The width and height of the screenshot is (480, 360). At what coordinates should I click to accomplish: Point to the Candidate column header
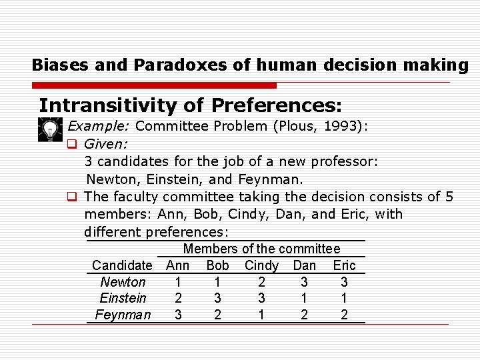click(x=122, y=265)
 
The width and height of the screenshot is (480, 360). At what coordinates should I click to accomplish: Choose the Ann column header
click(x=177, y=265)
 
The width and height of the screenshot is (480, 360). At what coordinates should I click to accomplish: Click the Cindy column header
click(x=261, y=265)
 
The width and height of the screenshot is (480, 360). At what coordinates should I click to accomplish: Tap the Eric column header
click(x=344, y=265)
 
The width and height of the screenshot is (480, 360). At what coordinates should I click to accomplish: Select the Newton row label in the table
click(x=123, y=282)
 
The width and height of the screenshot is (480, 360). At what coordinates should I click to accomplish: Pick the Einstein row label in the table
click(x=123, y=298)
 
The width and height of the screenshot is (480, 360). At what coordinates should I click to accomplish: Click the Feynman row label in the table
click(x=123, y=315)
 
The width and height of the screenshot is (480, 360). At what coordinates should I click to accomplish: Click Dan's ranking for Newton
click(x=304, y=282)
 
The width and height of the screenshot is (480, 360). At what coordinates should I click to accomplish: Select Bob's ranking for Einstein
click(x=217, y=298)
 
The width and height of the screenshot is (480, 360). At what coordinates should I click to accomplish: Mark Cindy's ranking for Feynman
click(x=261, y=315)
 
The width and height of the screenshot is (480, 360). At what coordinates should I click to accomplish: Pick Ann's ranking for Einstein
click(x=177, y=298)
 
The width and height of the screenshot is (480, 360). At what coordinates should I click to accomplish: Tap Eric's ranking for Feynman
click(x=344, y=315)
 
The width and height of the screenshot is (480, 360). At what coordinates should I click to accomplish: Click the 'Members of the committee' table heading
click(x=261, y=249)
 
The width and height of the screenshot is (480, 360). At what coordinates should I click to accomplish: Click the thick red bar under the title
click(x=154, y=85)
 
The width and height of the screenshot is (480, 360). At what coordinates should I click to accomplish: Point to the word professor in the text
click(x=343, y=161)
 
